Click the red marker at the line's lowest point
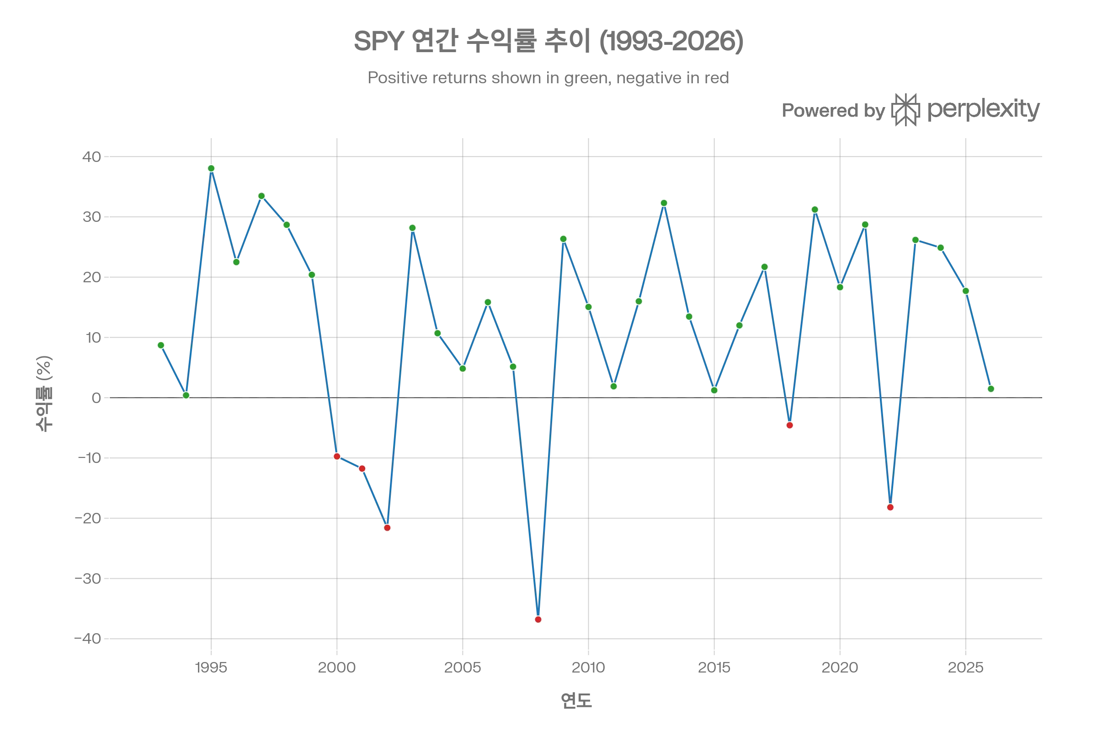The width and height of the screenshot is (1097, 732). (538, 619)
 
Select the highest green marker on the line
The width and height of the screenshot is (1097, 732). (211, 168)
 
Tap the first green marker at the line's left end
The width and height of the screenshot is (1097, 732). (161, 345)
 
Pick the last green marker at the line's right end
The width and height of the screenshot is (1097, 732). (990, 388)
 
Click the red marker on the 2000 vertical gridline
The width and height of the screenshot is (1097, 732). (337, 456)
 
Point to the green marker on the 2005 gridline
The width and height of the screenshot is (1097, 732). (463, 368)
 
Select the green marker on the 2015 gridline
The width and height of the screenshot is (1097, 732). (714, 390)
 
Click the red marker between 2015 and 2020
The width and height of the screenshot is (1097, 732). (790, 425)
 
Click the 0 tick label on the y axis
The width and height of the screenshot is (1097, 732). (96, 398)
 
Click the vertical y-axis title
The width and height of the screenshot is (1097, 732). (44, 395)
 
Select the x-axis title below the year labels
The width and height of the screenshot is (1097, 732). (576, 700)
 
